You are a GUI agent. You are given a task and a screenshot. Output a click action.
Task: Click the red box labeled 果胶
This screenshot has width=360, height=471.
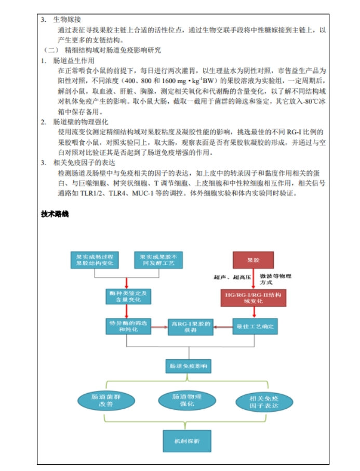click(x=254, y=260)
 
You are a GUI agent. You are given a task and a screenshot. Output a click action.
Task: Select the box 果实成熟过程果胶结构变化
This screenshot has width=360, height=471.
click(x=95, y=260)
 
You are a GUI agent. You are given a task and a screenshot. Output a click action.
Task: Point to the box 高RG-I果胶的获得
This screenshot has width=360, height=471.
click(x=191, y=327)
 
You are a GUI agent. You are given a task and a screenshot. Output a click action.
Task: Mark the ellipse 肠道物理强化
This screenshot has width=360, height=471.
click(x=186, y=400)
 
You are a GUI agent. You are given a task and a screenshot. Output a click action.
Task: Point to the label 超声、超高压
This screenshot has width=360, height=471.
click(x=231, y=277)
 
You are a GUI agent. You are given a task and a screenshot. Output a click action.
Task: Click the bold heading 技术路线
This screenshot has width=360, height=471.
click(x=55, y=214)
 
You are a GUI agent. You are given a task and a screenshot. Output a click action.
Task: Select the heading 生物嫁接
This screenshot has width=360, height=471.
click(x=67, y=20)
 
